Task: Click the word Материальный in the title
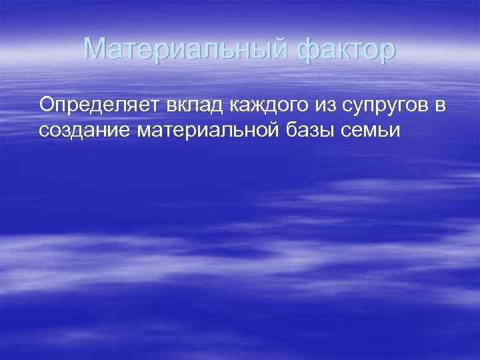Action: pos(185,49)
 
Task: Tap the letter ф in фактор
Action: pos(305,50)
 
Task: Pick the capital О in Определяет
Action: pos(46,105)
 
